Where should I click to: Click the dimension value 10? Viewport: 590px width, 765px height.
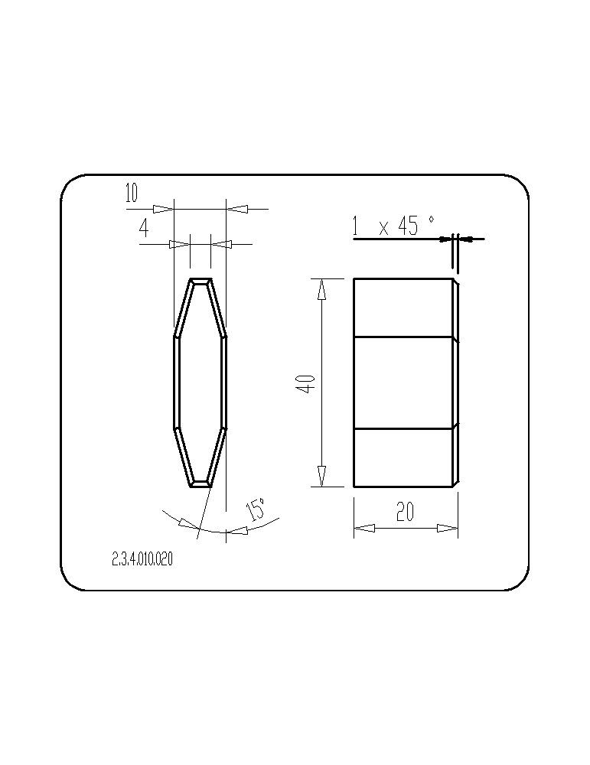point(132,194)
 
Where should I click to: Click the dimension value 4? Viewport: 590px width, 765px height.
point(144,228)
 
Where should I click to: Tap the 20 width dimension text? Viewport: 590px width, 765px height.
point(406,512)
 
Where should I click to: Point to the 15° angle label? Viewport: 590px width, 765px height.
point(256,509)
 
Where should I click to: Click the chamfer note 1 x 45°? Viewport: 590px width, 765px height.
point(393,226)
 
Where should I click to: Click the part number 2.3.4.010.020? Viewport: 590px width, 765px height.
point(142,560)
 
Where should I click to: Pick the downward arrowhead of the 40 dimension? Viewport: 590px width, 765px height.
point(321,476)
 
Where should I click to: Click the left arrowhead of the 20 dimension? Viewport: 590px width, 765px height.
point(364,528)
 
